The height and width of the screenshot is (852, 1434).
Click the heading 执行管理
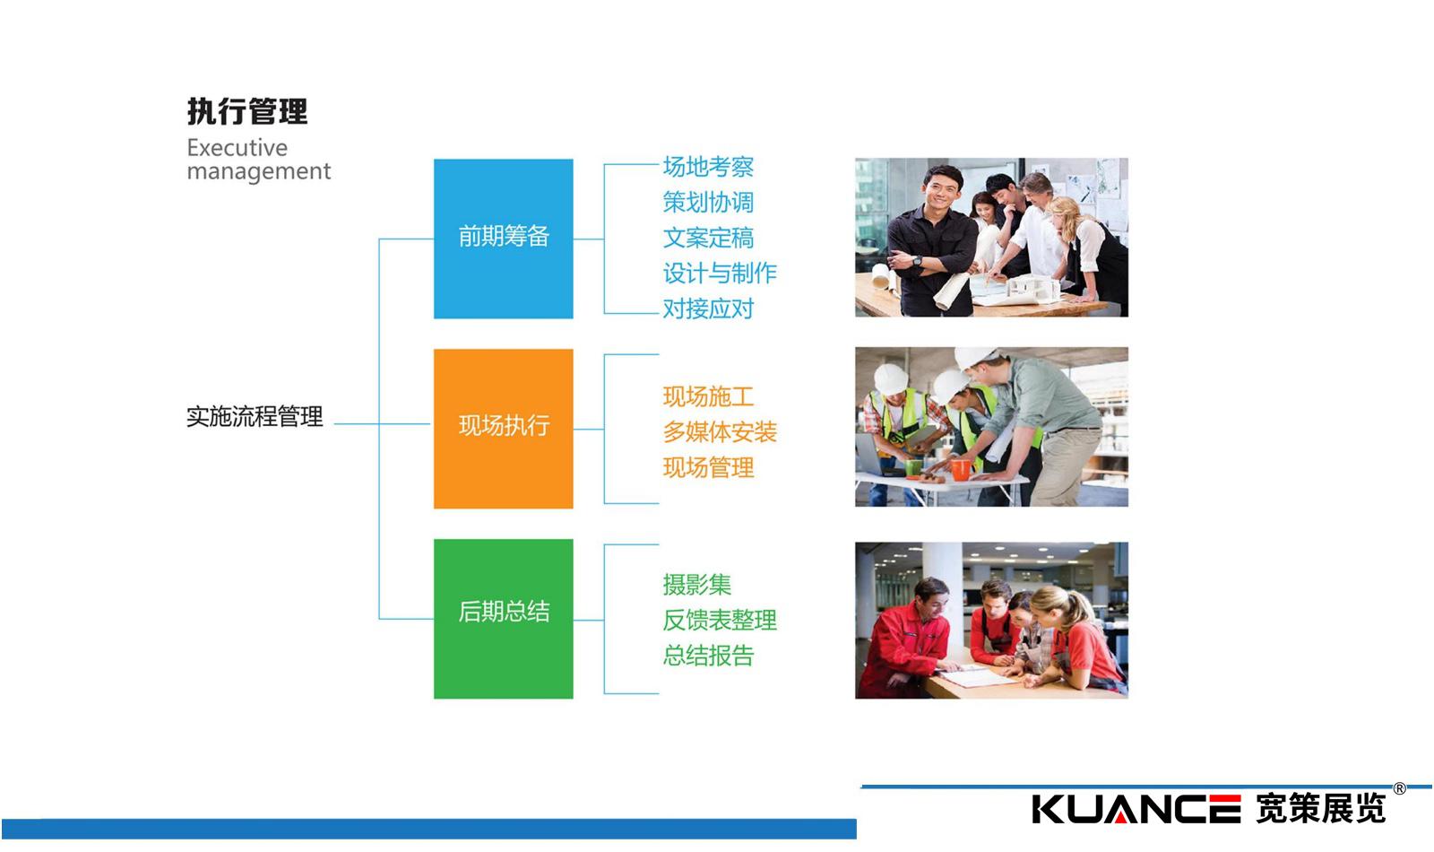tap(247, 111)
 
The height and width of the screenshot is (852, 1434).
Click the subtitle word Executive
tap(237, 148)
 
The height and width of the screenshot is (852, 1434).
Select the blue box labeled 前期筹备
tap(503, 239)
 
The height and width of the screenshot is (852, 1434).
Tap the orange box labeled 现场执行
tap(503, 429)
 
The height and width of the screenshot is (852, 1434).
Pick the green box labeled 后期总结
tap(503, 619)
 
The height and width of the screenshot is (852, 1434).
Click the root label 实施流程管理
tap(255, 417)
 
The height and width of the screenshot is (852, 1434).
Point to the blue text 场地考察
tap(708, 167)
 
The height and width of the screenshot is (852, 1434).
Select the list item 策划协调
tap(708, 203)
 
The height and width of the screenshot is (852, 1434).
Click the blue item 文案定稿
tap(708, 239)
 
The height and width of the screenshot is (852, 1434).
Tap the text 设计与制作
tap(720, 274)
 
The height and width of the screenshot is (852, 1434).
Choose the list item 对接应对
tap(708, 309)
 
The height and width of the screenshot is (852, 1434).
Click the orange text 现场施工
tap(708, 397)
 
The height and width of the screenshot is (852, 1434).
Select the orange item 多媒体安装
tap(720, 432)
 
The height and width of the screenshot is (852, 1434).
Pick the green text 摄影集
tap(696, 585)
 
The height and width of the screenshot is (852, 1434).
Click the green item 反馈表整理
tap(720, 620)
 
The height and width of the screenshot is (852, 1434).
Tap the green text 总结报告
tap(708, 656)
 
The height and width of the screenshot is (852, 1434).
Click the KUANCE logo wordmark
tap(1136, 809)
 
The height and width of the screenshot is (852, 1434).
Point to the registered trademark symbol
tap(1399, 788)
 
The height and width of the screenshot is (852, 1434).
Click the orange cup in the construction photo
tap(960, 469)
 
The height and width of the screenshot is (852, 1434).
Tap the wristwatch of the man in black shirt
tap(918, 261)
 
